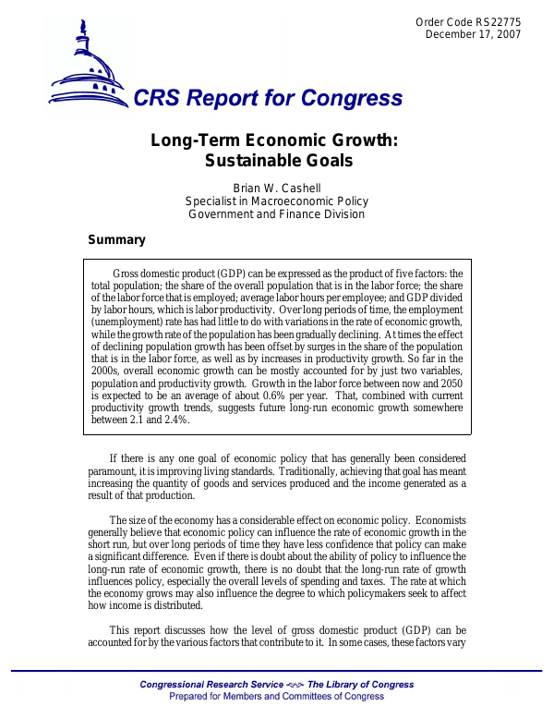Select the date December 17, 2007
point(473,35)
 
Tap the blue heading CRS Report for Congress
point(269,99)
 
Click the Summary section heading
point(116,240)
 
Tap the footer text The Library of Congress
point(361,685)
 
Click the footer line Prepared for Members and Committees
point(276,697)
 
